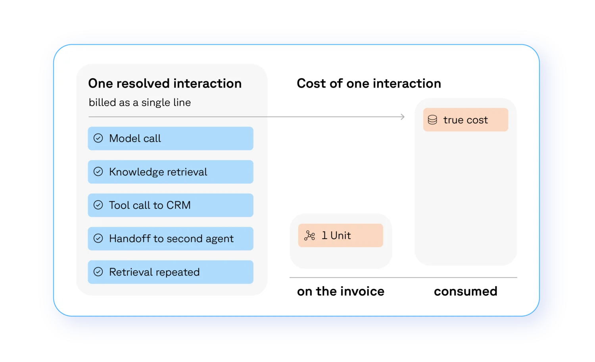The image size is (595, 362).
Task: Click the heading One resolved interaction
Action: [165, 83]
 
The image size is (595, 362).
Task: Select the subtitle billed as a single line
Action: [140, 102]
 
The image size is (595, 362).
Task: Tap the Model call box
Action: [171, 139]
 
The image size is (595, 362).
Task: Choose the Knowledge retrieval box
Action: [171, 172]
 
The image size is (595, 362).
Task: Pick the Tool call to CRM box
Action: [171, 205]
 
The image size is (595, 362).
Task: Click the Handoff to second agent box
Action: [171, 239]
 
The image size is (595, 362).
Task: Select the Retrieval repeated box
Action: [171, 272]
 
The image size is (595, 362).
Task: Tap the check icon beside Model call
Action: [98, 138]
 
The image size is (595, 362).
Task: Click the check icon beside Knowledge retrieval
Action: [98, 172]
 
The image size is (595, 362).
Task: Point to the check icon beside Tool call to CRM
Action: [98, 205]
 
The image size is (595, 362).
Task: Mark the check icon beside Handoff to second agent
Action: [98, 239]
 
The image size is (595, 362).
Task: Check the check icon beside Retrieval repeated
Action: [98, 271]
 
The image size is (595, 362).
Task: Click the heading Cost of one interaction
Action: [369, 83]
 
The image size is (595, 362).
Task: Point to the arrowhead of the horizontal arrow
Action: [404, 117]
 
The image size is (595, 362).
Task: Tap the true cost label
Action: [466, 120]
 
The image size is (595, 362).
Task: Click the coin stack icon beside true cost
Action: [432, 120]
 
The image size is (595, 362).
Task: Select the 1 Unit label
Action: [336, 235]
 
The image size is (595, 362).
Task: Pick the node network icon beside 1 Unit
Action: [310, 235]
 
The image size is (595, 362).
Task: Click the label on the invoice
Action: [340, 292]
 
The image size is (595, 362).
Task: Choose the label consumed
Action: [466, 292]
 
